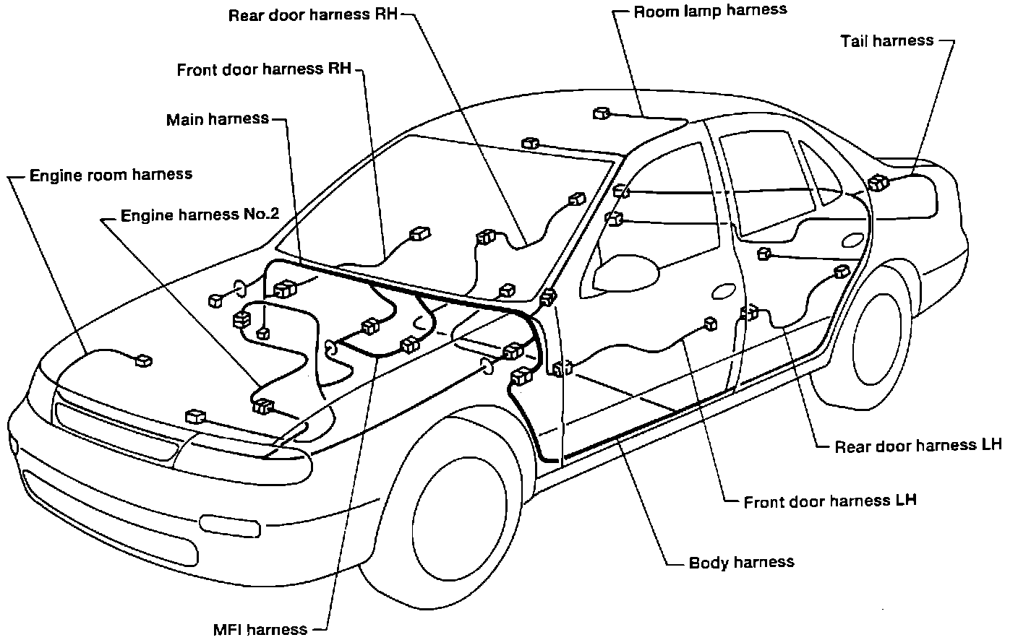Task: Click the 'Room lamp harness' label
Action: pos(709,11)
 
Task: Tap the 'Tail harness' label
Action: pos(886,40)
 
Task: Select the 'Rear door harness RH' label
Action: pos(312,15)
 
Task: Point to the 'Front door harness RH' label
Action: pos(264,69)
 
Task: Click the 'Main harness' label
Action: pos(217,119)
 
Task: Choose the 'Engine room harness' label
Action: pos(111,175)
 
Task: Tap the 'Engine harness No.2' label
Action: pos(200,215)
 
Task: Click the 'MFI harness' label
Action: pos(260,629)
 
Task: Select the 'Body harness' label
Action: pos(741,562)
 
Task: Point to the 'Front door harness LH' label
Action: pos(830,501)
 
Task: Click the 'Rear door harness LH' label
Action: pos(918,445)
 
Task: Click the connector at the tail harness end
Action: pos(879,183)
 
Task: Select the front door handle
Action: pos(722,292)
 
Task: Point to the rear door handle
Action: pos(853,241)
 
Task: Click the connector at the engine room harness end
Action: pos(143,360)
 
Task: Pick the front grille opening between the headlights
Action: pos(116,433)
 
